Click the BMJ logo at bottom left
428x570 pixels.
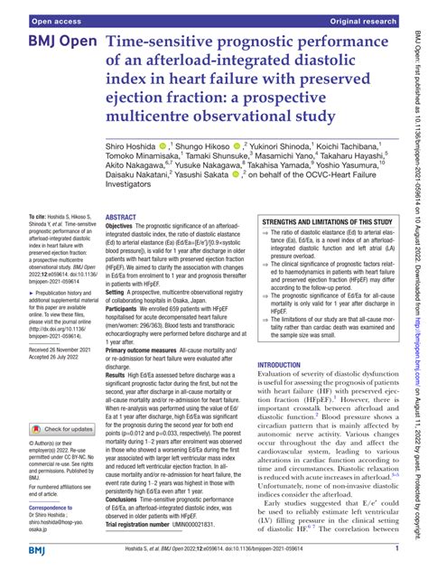[x=18, y=551]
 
